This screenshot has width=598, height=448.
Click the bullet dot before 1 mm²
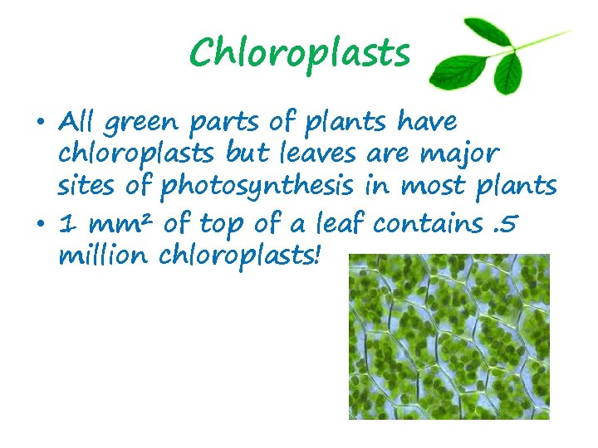(41, 224)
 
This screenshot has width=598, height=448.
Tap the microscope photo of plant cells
(449, 336)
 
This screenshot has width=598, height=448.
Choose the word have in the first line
(427, 122)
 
